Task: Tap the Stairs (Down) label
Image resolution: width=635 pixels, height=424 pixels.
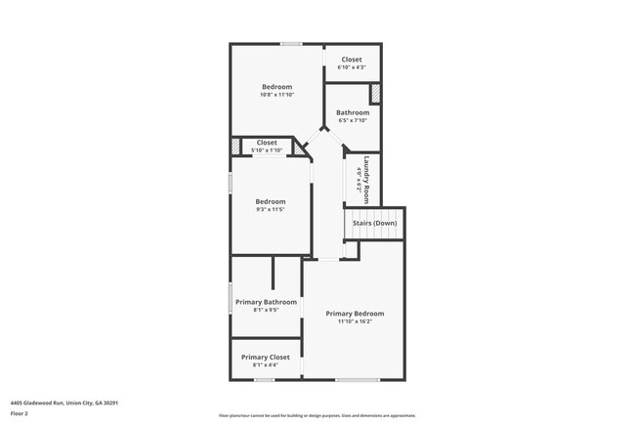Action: click(374, 223)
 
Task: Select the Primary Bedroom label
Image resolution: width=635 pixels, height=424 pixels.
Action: click(355, 314)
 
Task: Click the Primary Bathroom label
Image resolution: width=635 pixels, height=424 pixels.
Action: click(267, 302)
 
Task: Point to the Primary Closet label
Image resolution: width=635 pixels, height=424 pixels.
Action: click(266, 358)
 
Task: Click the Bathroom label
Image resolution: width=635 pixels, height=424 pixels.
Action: click(352, 112)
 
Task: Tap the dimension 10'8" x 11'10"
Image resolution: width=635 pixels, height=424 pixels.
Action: click(276, 96)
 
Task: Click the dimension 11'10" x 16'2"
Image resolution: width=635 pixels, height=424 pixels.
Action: click(355, 321)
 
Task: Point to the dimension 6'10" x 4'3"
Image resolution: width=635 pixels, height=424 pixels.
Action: click(352, 67)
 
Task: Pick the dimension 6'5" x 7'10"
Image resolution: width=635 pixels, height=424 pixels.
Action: click(352, 120)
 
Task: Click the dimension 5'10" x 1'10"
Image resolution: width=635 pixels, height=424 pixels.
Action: click(267, 150)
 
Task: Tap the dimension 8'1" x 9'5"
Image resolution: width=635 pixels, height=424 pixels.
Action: click(267, 310)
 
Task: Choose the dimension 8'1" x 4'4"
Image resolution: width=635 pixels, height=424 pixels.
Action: click(266, 365)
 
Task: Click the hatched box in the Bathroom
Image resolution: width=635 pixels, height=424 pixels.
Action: click(374, 94)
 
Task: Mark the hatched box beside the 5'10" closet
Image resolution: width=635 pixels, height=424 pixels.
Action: click(235, 147)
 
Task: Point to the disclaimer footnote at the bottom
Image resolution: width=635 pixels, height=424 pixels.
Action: click(317, 415)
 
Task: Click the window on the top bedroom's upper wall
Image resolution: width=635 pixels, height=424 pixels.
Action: click(290, 44)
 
